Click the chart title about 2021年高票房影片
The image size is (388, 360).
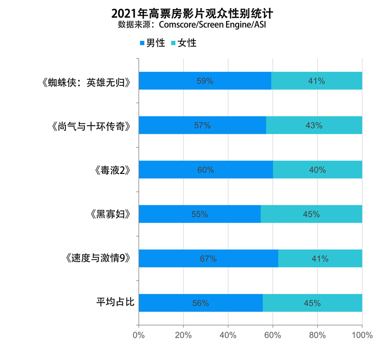tap(195, 12)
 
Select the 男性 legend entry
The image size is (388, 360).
tap(152, 43)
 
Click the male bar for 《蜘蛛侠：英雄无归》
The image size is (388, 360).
tap(205, 81)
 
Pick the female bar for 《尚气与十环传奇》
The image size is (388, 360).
tap(314, 125)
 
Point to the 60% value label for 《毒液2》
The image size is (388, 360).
tap(206, 170)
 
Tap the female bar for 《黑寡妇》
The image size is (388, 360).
tap(311, 214)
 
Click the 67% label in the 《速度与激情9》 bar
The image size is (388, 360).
tap(208, 259)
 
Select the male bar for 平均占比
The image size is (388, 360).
tap(201, 303)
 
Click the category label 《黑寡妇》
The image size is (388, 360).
tap(110, 214)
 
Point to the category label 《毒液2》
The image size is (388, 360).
tap(113, 170)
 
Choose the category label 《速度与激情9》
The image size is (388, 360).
tap(99, 258)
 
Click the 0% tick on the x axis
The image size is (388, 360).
tap(139, 335)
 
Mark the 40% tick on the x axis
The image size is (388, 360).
tap(228, 335)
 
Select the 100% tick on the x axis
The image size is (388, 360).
tap(362, 335)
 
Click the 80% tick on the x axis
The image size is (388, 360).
tap(317, 335)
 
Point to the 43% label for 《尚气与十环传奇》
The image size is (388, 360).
tap(314, 126)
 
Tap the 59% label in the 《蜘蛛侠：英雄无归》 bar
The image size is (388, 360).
tap(205, 81)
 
